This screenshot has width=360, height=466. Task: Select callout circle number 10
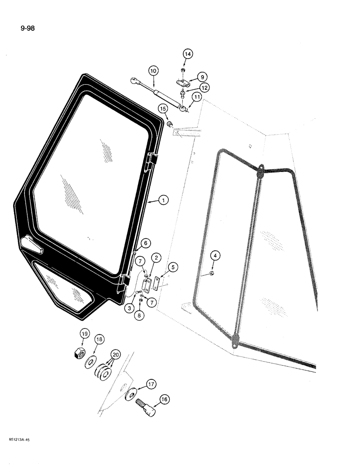153,71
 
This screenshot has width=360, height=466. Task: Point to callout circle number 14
187,55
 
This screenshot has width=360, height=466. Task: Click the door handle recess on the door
31,244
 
